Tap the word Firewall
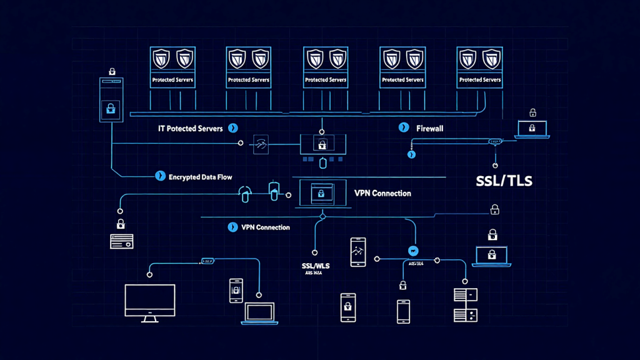click(x=429, y=127)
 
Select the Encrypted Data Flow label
click(x=200, y=177)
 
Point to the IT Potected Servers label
click(x=190, y=127)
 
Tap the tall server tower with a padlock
click(x=111, y=100)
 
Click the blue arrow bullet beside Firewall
click(x=404, y=127)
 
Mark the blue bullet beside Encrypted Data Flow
click(x=159, y=177)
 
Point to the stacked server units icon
click(x=465, y=304)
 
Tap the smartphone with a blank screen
click(x=403, y=311)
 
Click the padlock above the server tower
click(x=112, y=71)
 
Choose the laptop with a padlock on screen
click(x=491, y=256)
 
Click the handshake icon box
click(x=260, y=143)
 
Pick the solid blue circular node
click(x=412, y=250)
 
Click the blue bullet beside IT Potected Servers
click(x=233, y=127)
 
